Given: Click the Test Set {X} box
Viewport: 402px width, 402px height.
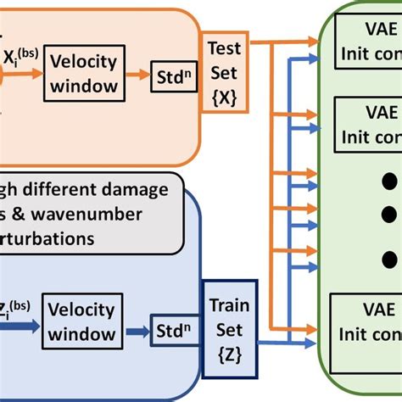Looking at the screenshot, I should [x=222, y=71].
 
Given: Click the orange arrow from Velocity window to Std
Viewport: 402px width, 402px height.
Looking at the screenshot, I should [x=135, y=75].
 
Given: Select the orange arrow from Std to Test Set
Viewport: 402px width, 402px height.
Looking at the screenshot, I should [x=192, y=74].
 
